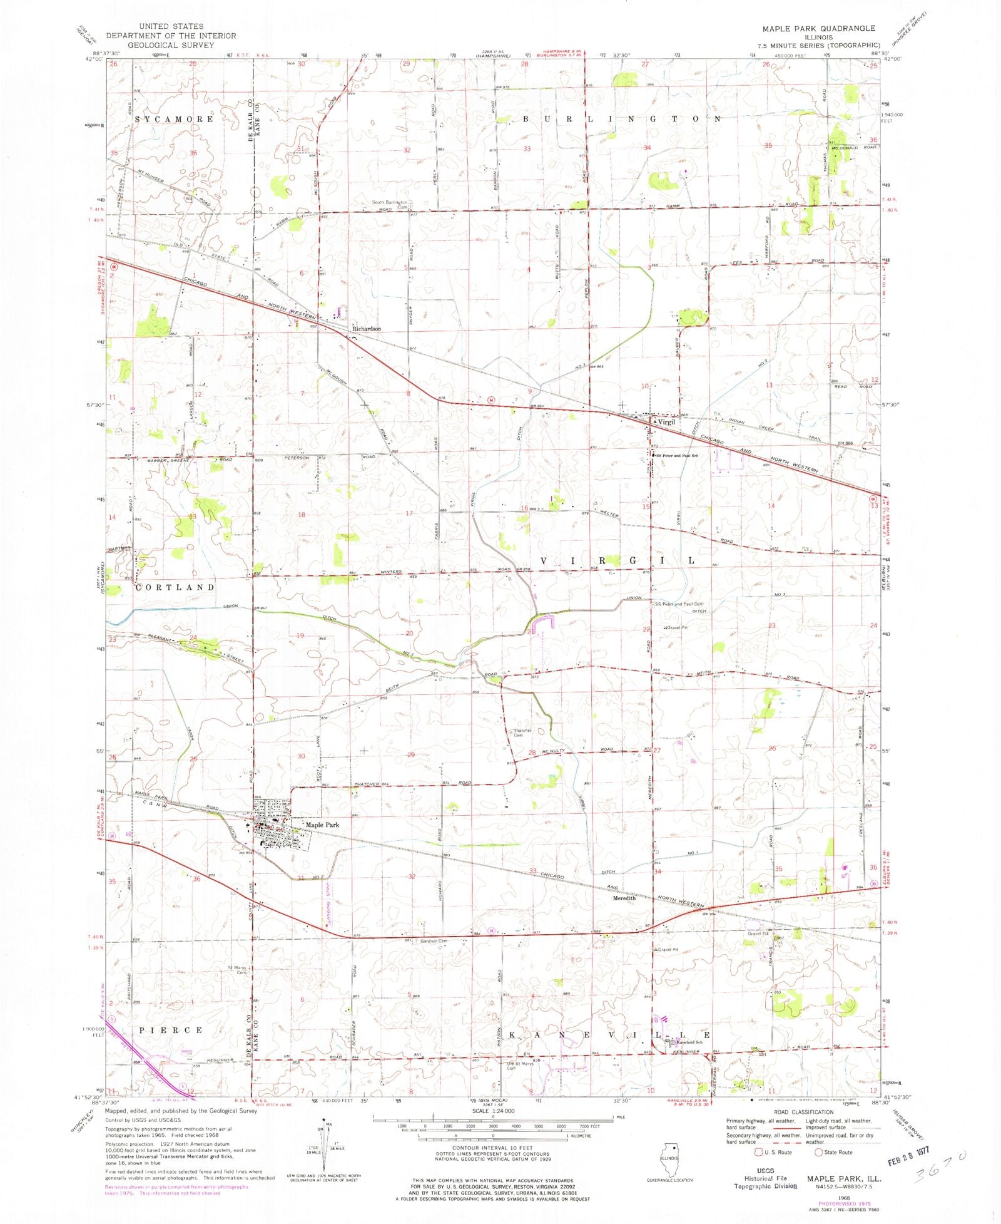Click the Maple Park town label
[322, 825]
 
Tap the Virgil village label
[666, 423]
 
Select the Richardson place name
[366, 328]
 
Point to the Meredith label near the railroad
[624, 898]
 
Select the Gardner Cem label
[434, 941]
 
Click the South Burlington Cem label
[390, 203]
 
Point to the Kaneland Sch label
[688, 1042]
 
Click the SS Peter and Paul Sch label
[677, 455]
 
